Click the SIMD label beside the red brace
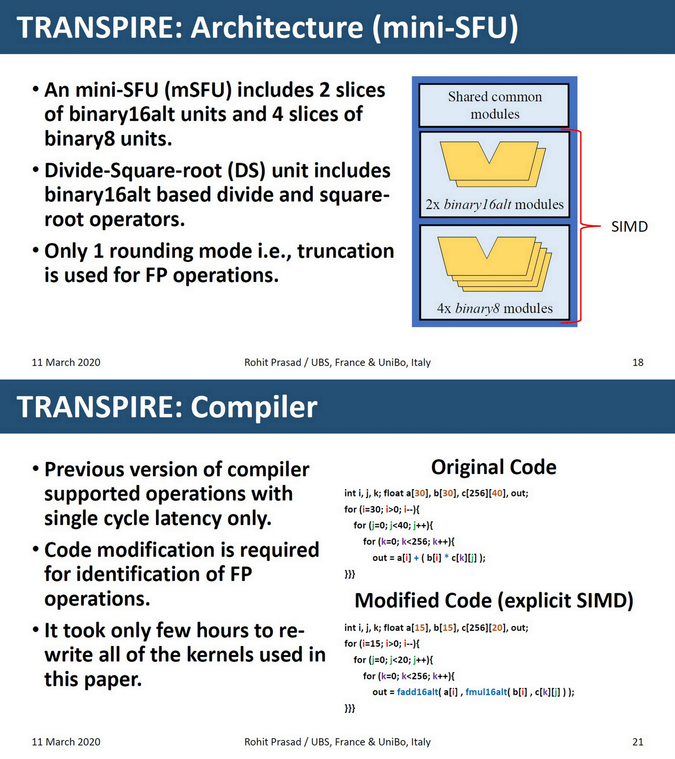click(629, 227)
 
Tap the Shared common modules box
click(494, 105)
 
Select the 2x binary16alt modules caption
click(494, 204)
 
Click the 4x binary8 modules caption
click(494, 308)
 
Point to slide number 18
click(638, 362)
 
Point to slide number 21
click(638, 742)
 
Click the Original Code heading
click(493, 467)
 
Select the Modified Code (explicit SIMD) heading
click(493, 601)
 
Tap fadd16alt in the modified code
click(417, 692)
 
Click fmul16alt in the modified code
click(486, 692)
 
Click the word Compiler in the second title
click(254, 407)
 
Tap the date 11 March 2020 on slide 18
click(66, 362)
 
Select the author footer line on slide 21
click(337, 742)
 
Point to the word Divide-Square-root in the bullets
click(133, 171)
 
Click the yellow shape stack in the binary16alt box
click(492, 164)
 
